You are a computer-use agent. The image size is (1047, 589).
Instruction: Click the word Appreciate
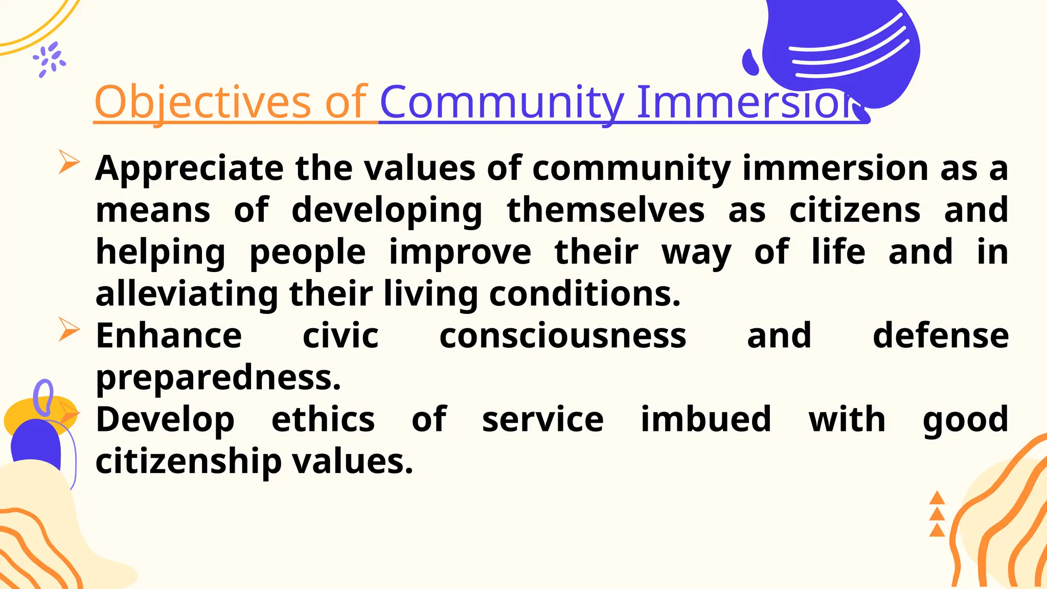pos(189,169)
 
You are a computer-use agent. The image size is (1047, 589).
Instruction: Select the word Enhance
pos(169,336)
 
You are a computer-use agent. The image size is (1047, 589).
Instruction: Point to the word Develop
pos(165,420)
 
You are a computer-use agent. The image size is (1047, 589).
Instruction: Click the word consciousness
pos(562,336)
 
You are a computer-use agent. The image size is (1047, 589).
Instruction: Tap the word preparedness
pos(218,378)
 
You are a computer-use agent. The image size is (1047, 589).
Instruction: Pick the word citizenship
pos(188,462)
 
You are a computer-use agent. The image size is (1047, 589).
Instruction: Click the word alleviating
pos(187,294)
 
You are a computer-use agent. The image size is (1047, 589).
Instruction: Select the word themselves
pos(605,210)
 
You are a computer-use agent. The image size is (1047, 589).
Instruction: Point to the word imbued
pos(705,420)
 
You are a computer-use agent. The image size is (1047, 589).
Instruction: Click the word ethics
pos(323,420)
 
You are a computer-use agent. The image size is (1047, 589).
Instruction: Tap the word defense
pos(941,336)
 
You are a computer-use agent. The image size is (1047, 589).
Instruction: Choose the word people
pos(307,253)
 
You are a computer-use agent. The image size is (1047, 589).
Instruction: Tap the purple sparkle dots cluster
pos(50,59)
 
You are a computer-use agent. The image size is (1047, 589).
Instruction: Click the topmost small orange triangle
pos(937,498)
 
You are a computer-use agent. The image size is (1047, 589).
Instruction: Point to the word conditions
pos(584,294)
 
